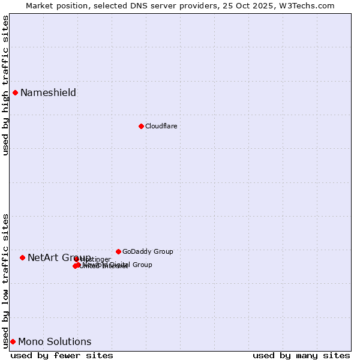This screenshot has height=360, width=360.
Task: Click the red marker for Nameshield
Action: tap(15, 92)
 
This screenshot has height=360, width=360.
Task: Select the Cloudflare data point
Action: tap(141, 126)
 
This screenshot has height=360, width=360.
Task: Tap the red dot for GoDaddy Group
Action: tap(118, 251)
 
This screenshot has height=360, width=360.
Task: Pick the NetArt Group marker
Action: tap(22, 257)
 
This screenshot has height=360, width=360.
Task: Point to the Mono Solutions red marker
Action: tap(13, 341)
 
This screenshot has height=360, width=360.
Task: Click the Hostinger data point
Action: tap(76, 259)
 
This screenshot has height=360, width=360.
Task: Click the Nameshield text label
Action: tap(48, 92)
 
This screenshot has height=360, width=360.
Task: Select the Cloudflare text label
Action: tap(161, 126)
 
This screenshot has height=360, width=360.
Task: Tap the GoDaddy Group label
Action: tap(148, 251)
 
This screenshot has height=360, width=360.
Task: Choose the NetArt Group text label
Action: tap(59, 257)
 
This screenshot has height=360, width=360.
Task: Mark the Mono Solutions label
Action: tap(55, 341)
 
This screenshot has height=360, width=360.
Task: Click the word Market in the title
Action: tap(40, 5)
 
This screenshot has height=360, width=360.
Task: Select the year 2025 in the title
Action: tap(267, 5)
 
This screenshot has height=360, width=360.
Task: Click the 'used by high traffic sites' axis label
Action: tap(5, 85)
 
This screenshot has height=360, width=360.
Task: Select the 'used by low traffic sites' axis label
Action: tap(5, 280)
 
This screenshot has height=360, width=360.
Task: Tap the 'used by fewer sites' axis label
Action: tap(62, 355)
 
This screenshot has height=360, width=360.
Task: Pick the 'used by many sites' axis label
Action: tap(301, 355)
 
